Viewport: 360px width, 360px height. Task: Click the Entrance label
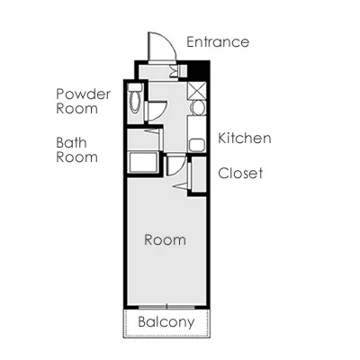[218, 42]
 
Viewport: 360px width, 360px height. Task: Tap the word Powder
[84, 94]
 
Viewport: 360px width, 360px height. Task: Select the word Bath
[71, 143]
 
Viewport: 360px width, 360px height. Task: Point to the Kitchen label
[245, 138]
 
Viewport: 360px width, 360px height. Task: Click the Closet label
[240, 173]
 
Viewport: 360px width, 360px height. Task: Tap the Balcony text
[166, 322]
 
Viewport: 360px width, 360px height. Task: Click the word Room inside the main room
[165, 240]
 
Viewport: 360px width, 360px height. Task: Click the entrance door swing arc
[168, 41]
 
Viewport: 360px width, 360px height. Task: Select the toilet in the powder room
[135, 99]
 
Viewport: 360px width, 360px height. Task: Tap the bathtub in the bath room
[143, 162]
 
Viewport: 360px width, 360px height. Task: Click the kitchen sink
[197, 145]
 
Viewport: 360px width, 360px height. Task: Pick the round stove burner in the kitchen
[197, 107]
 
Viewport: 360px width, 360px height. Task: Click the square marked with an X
[196, 91]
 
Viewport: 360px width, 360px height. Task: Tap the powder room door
[155, 112]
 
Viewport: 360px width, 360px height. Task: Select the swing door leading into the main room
[175, 165]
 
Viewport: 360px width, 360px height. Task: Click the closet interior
[199, 174]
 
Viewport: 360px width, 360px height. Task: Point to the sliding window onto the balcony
[166, 307]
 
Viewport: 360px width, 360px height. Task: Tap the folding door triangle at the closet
[181, 186]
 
